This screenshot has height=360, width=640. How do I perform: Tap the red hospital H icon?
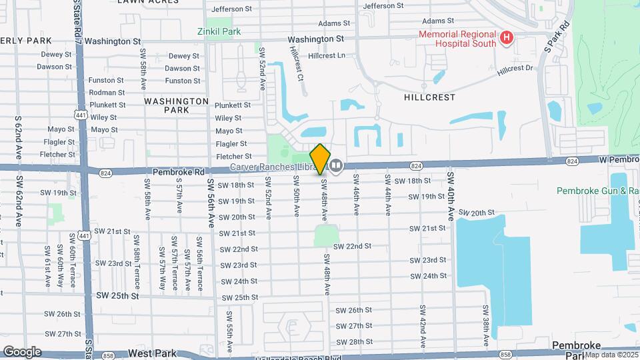[x=506, y=39]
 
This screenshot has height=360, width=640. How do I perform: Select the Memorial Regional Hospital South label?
[x=457, y=39]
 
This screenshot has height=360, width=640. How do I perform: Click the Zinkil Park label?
[x=219, y=31]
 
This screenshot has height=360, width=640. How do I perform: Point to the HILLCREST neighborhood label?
[x=429, y=97]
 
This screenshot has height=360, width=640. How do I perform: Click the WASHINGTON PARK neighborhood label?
[x=177, y=105]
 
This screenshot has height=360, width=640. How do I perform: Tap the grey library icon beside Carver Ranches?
[x=337, y=165]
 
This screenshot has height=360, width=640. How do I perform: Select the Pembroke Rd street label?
[x=179, y=171]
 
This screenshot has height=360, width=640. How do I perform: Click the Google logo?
[x=21, y=351]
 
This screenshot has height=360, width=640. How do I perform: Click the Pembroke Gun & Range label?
[x=598, y=191]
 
